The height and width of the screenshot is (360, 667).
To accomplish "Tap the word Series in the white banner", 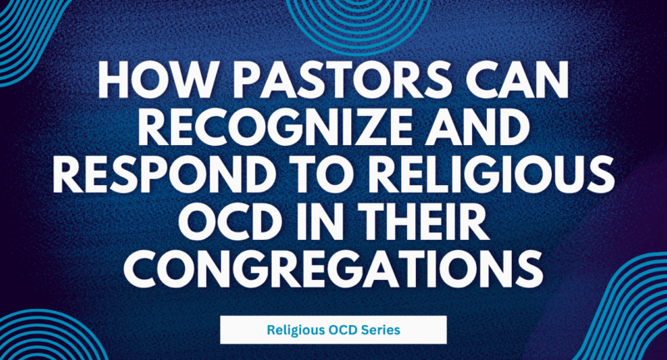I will pos(381,330).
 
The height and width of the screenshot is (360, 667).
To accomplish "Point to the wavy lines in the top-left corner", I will pos(25,37).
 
